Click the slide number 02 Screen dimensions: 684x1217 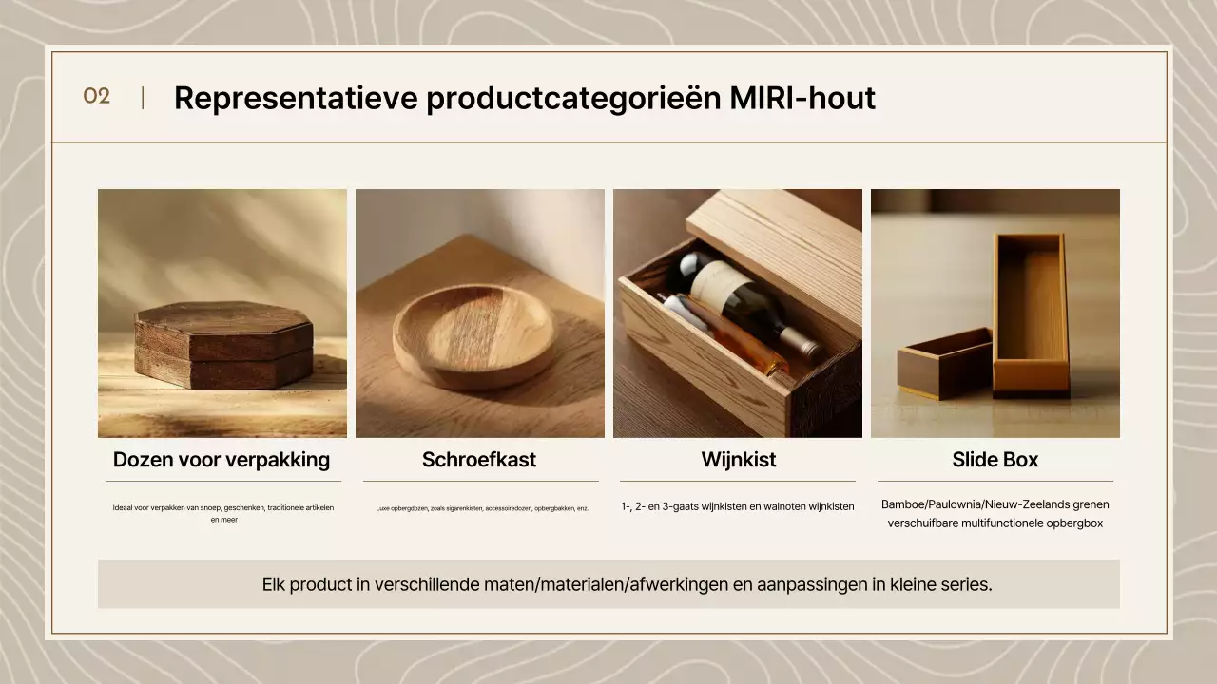coord(96,96)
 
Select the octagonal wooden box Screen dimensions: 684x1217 coord(223,345)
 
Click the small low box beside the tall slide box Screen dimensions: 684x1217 coord(941,364)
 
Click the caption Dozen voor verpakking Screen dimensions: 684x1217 coord(222,460)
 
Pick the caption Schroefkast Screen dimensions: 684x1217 coord(479,460)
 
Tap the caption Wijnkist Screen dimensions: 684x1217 coord(739,460)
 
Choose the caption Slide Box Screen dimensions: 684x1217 coord(995,460)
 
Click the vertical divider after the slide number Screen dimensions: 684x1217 coord(143,97)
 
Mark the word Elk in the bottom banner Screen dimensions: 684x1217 coord(273,584)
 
